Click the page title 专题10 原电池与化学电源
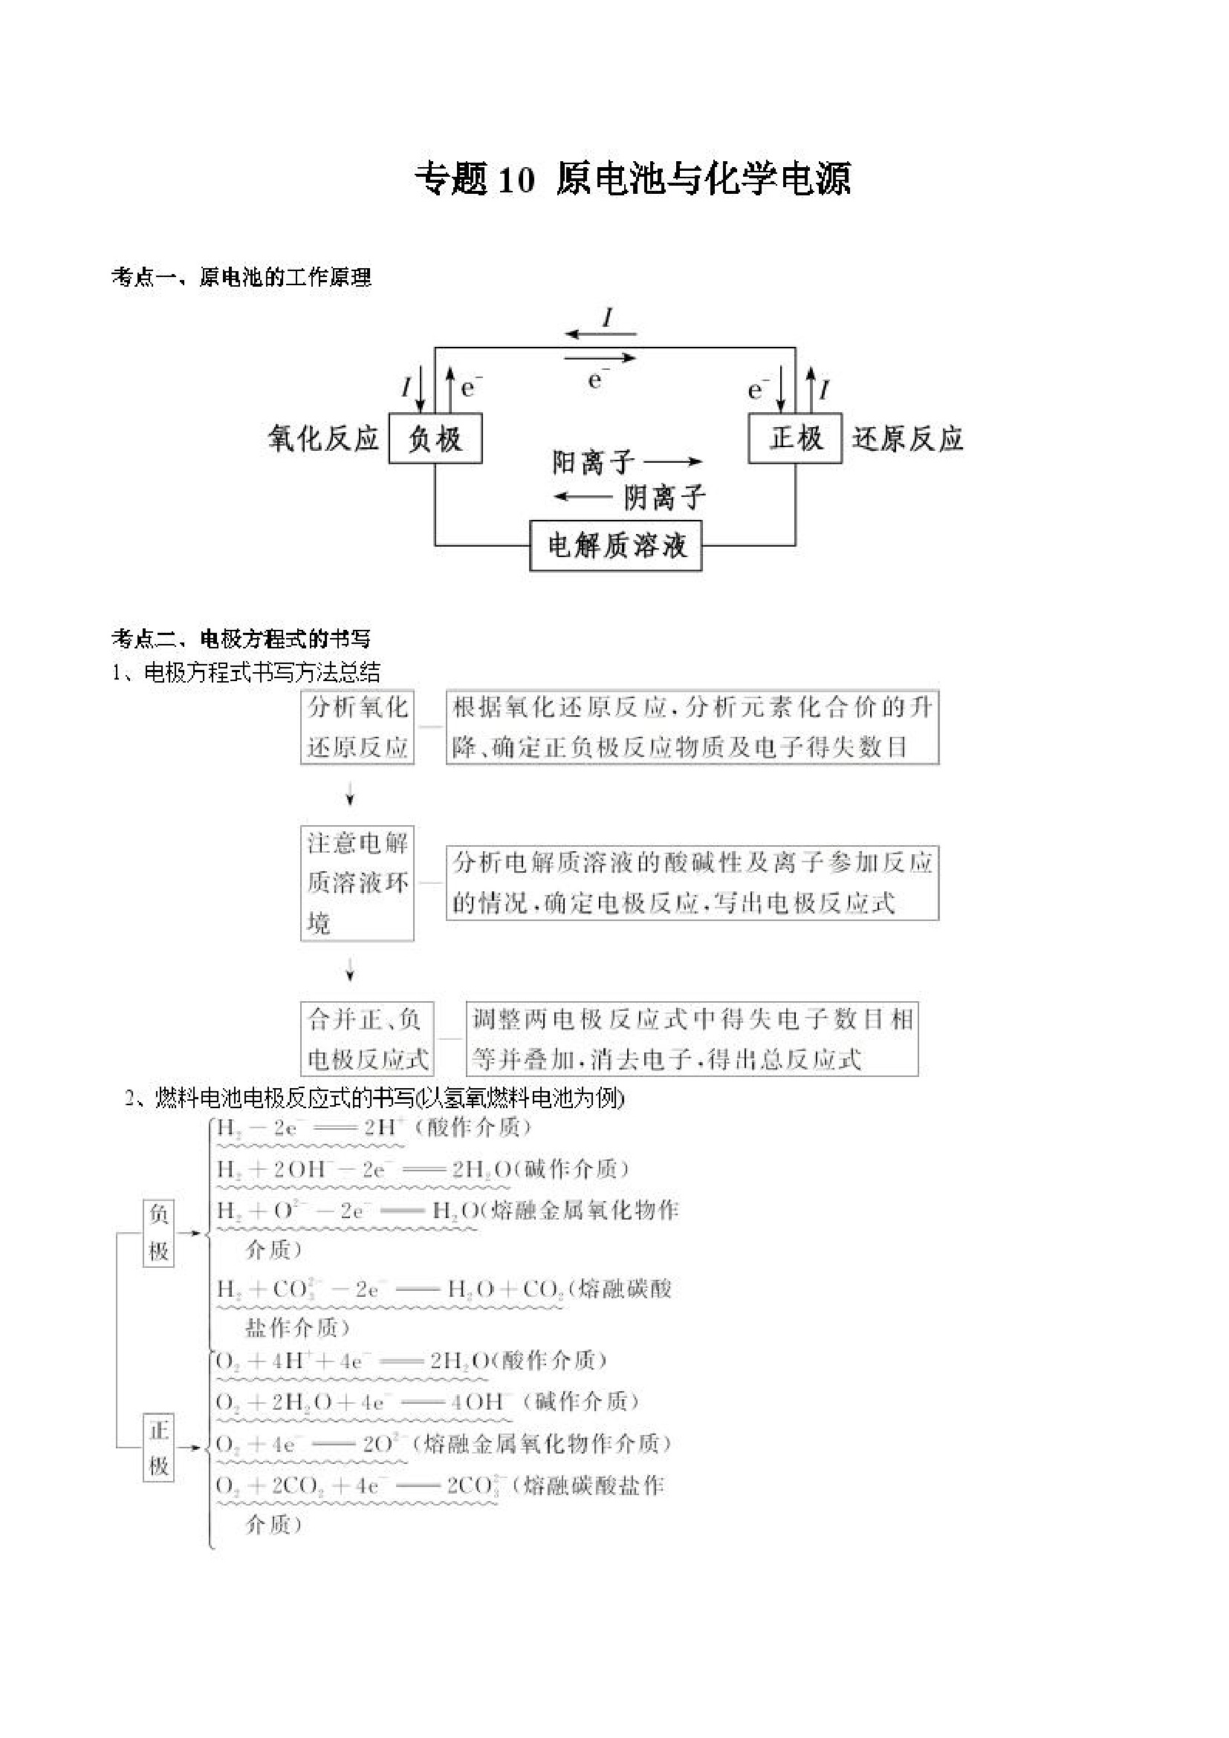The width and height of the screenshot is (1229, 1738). pos(633,180)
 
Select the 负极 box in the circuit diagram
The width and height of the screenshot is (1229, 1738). pos(435,438)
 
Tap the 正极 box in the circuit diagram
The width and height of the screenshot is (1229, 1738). pos(795,437)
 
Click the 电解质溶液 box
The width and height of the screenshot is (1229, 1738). pos(616,545)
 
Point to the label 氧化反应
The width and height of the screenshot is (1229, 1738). pos(323,438)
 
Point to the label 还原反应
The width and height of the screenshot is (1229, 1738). pos(907,438)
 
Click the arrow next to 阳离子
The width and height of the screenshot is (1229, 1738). pos(673,461)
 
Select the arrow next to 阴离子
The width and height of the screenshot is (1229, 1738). pos(583,497)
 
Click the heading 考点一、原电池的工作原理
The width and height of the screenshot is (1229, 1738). pos(241,278)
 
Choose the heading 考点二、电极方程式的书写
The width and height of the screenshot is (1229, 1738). pos(241,639)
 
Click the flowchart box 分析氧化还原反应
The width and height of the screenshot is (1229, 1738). pos(357,726)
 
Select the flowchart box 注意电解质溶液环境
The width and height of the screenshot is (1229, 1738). pos(357,882)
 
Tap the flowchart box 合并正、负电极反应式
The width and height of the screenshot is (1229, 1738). pos(368,1039)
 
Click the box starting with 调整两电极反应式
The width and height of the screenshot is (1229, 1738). pos(692,1039)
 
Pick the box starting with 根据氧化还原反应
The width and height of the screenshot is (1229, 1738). pos(692,726)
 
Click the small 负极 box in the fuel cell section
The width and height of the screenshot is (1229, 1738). pos(158,1233)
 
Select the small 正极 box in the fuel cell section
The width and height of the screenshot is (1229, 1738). pos(158,1448)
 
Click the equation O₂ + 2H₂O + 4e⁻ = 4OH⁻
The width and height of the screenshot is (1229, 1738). pos(363,1402)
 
